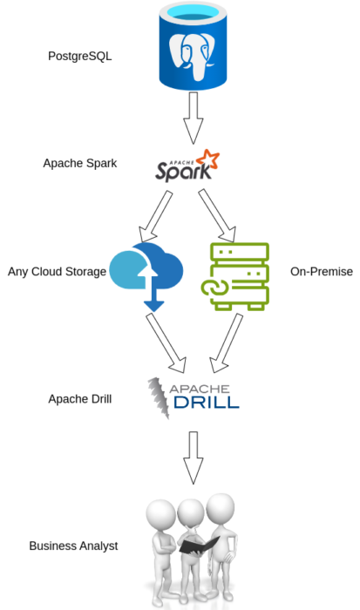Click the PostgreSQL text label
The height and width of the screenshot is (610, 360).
80,57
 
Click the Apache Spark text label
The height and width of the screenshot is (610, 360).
80,163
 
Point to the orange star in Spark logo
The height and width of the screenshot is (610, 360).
207,158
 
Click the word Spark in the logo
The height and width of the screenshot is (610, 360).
182,171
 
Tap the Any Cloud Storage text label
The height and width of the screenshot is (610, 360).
57,272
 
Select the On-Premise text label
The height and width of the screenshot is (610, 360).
321,272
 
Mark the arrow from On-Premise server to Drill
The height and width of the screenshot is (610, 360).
228,342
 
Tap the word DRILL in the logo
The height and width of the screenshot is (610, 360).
205,403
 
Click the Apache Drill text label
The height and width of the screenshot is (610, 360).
80,399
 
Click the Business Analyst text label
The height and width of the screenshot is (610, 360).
73,546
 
